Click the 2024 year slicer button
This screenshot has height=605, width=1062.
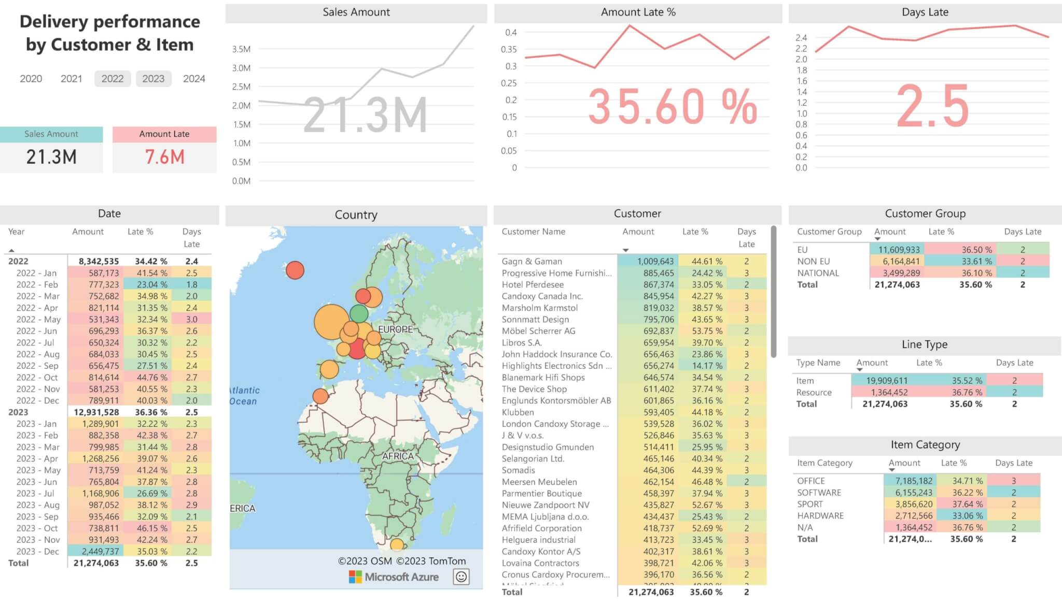click(194, 79)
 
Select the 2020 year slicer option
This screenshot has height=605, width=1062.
click(31, 79)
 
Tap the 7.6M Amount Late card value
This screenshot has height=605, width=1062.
click(164, 157)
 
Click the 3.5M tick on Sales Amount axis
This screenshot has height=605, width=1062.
click(241, 49)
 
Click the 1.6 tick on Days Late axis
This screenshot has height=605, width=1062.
click(801, 81)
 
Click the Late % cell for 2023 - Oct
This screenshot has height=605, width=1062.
click(152, 528)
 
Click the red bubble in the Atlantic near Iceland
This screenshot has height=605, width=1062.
click(295, 270)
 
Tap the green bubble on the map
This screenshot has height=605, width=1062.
click(359, 313)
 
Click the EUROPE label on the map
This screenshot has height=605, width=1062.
click(395, 329)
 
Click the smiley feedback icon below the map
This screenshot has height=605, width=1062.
click(461, 577)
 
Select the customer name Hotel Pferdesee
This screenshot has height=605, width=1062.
click(533, 284)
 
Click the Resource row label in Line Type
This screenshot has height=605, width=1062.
click(814, 393)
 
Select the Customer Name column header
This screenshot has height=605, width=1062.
click(533, 232)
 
